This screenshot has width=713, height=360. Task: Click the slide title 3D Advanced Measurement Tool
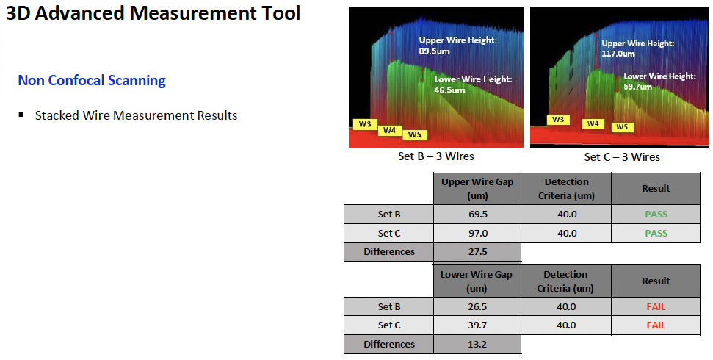(153, 13)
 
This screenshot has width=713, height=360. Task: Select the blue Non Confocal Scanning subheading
(92, 80)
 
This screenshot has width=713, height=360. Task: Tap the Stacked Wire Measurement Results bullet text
(137, 115)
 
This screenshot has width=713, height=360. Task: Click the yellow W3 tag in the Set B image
(365, 123)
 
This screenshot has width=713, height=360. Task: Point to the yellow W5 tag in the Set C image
(622, 127)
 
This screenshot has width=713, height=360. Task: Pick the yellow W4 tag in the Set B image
(390, 130)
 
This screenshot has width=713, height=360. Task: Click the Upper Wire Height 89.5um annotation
(458, 46)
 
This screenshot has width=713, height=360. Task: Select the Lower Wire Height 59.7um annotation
(659, 81)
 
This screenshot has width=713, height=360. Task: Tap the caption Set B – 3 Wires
(436, 156)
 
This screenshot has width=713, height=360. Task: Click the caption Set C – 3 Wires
(622, 157)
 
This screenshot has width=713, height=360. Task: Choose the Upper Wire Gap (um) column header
(477, 188)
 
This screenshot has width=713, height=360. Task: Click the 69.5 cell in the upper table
(478, 215)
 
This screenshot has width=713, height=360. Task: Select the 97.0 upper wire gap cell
(478, 233)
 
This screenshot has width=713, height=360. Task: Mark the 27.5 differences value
(478, 252)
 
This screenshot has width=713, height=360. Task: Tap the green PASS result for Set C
(656, 233)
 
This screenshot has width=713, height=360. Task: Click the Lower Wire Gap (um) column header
(476, 281)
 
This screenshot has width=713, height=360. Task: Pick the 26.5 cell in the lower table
(477, 307)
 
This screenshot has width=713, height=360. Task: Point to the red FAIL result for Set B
(656, 307)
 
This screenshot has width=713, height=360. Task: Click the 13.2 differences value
(477, 344)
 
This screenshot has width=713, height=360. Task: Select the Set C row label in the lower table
(389, 325)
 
